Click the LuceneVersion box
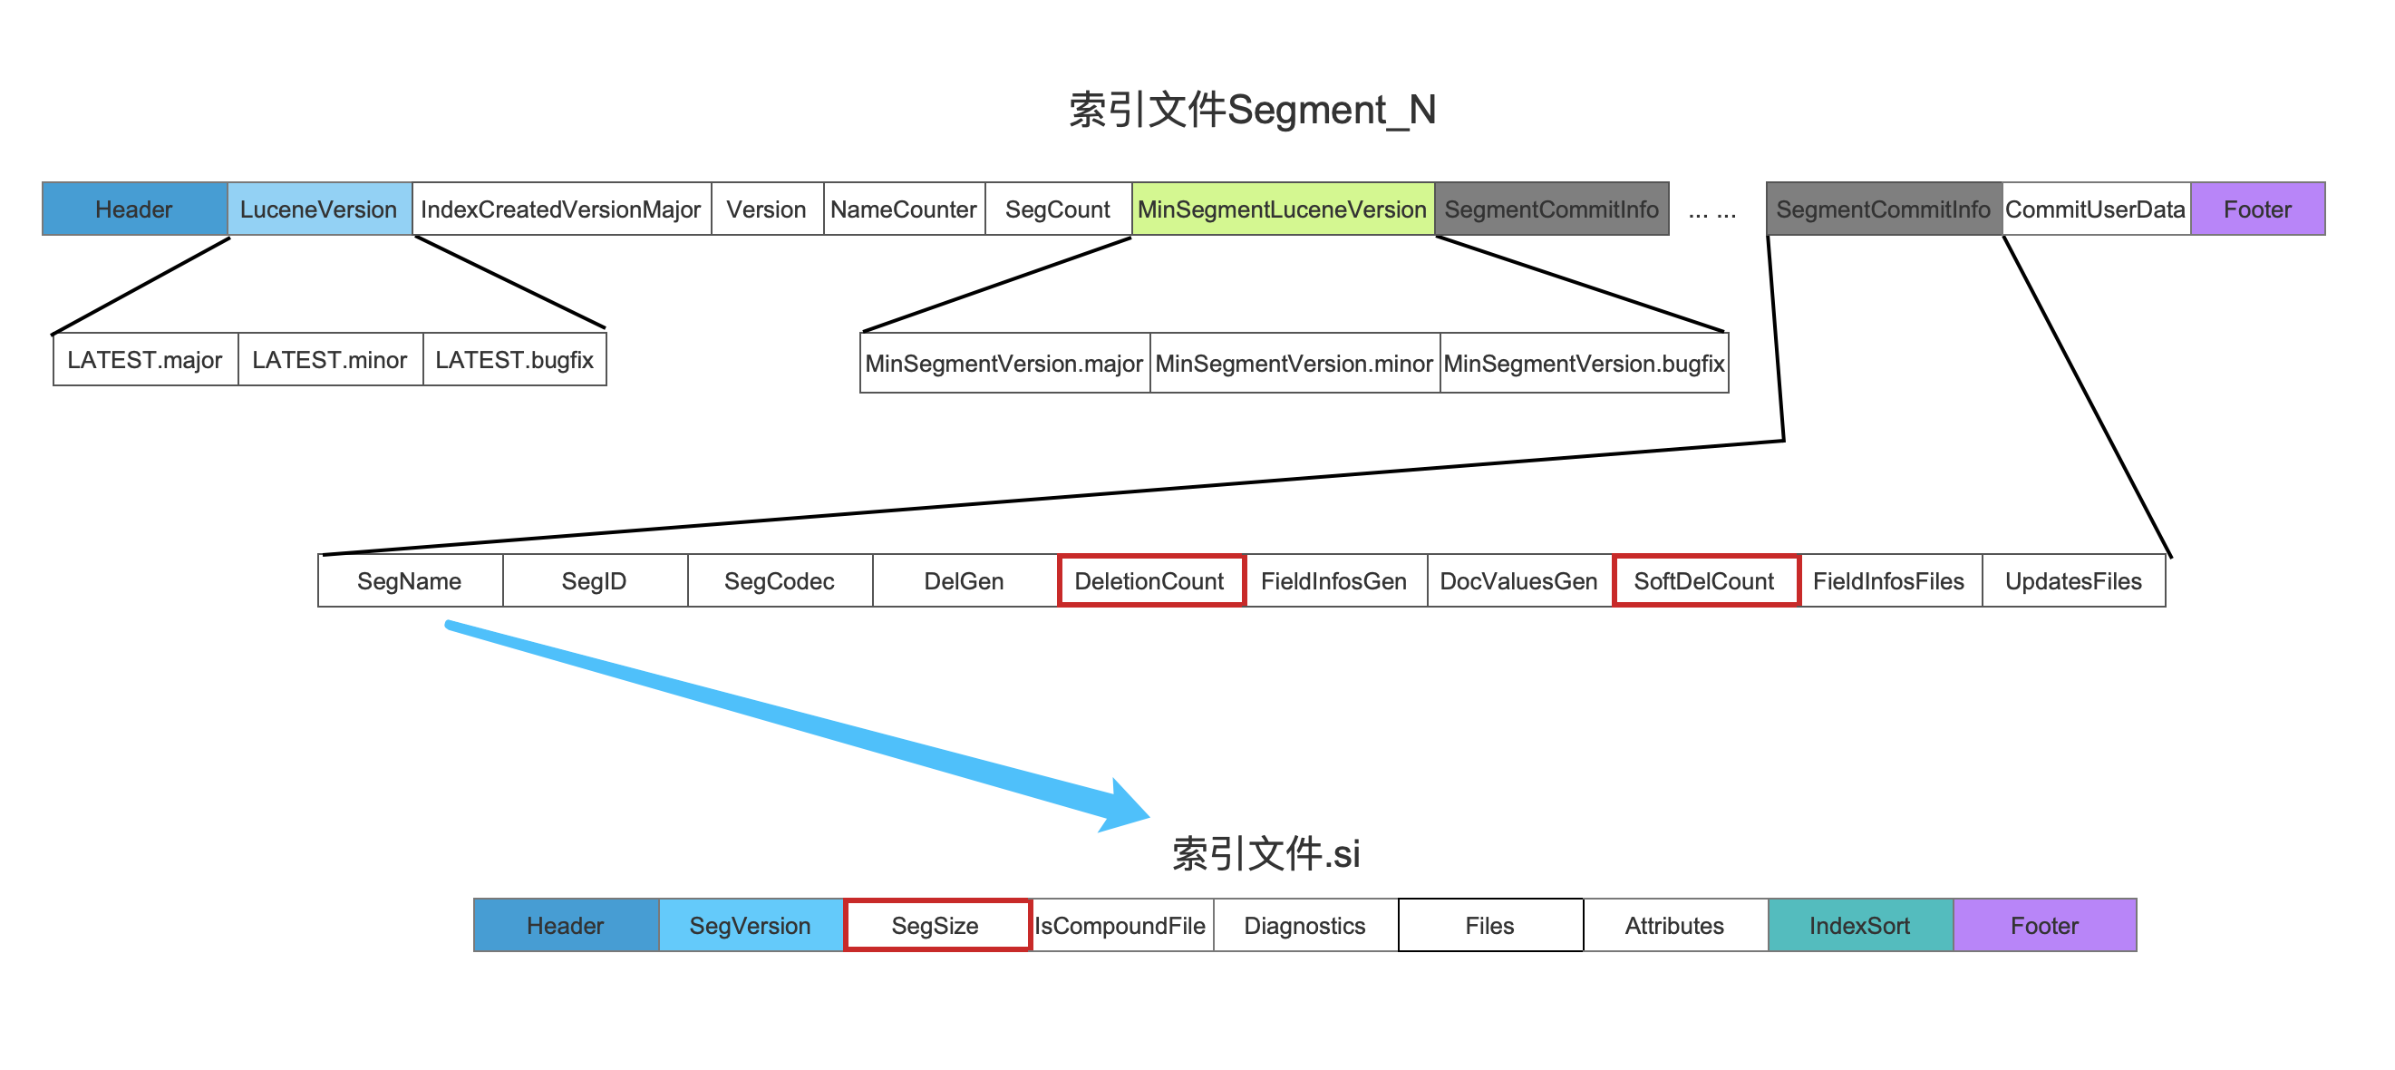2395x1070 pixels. click(x=319, y=209)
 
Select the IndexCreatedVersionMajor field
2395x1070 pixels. click(x=560, y=209)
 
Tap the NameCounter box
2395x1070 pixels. click(x=904, y=209)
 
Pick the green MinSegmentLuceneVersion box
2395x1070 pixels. click(x=1282, y=209)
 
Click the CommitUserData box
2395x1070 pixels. click(x=2096, y=209)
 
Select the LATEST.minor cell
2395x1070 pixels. click(x=330, y=360)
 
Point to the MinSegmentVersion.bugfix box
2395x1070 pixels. click(x=1585, y=364)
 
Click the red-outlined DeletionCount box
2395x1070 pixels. click(x=1150, y=581)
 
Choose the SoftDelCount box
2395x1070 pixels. click(x=1705, y=581)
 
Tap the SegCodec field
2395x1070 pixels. click(x=779, y=581)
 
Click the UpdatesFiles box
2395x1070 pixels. click(x=2073, y=581)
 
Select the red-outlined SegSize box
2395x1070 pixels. click(x=936, y=925)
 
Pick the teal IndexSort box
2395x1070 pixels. click(x=1859, y=925)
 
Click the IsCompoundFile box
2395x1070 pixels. click(x=1121, y=925)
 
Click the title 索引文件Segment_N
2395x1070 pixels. click(x=1253, y=110)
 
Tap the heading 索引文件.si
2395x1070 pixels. click(x=1265, y=853)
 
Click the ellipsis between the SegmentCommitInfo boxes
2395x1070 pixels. click(x=1711, y=213)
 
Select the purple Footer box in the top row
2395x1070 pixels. click(x=2257, y=209)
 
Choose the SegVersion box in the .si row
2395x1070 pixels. click(x=751, y=925)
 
